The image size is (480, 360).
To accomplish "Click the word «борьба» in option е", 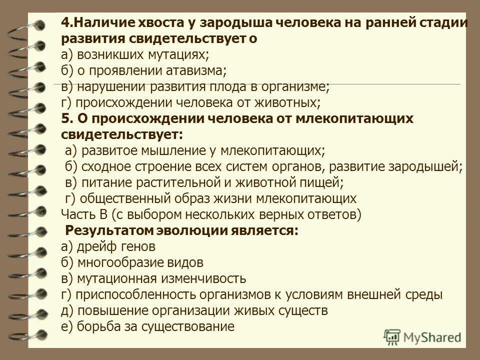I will pyautogui.click(x=93, y=326).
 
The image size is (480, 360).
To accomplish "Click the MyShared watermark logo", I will pyautogui.click(x=422, y=336).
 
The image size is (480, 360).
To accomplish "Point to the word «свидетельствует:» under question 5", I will pyautogui.click(x=122, y=134).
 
